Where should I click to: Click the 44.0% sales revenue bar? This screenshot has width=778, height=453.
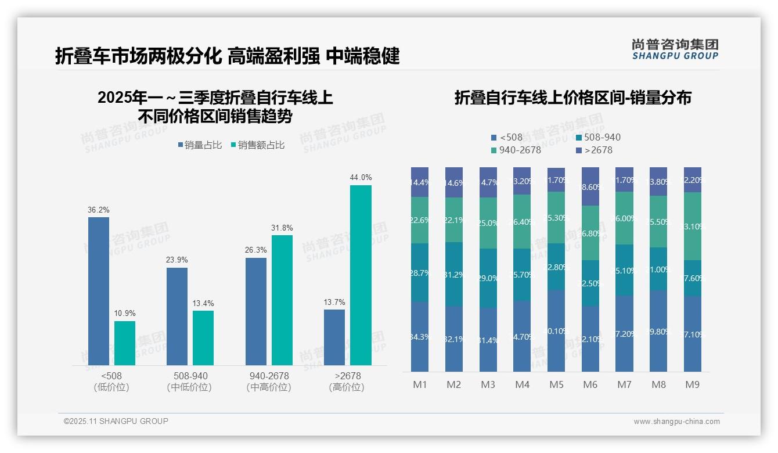pos(361,275)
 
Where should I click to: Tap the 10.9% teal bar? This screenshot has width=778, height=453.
pos(125,343)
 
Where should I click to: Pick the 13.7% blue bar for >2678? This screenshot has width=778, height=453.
pos(334,337)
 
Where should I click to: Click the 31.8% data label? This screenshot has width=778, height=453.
pos(282,228)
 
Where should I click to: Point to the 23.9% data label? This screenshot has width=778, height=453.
pos(177,260)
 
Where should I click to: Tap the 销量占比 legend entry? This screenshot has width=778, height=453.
pos(200,145)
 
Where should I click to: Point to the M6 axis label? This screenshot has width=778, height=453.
pos(590,384)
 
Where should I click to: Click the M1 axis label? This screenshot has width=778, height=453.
pos(420,384)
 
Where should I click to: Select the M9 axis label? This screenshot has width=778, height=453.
pos(692,384)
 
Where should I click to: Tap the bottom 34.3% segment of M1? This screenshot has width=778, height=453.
pos(420,337)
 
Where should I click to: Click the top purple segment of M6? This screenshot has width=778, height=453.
pos(590,186)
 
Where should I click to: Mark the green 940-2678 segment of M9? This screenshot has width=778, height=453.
pos(692,226)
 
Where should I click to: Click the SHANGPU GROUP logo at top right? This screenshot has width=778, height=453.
pos(675,49)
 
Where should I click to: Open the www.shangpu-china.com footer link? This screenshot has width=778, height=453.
pos(676,422)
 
